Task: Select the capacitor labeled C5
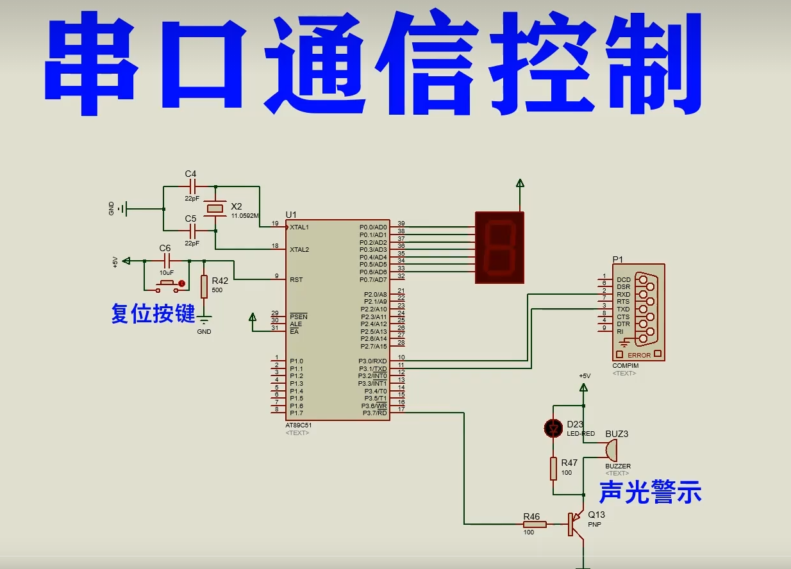pos(191,231)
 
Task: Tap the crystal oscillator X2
pos(215,208)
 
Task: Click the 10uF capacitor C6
pos(167,261)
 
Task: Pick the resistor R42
pos(204,286)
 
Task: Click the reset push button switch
pos(168,283)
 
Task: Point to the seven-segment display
pos(499,247)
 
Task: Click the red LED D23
pos(553,428)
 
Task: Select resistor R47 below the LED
pos(553,468)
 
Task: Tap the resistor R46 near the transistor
pos(534,524)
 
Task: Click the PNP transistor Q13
pos(574,524)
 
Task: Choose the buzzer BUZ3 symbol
pos(611,450)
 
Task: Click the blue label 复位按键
pos(153,314)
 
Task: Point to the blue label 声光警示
pos(650,493)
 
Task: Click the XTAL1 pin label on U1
pos(299,227)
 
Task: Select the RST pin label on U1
pos(296,279)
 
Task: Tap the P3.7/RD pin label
pos(375,413)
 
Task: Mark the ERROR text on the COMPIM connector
pos(638,355)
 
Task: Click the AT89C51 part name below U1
pos(299,425)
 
